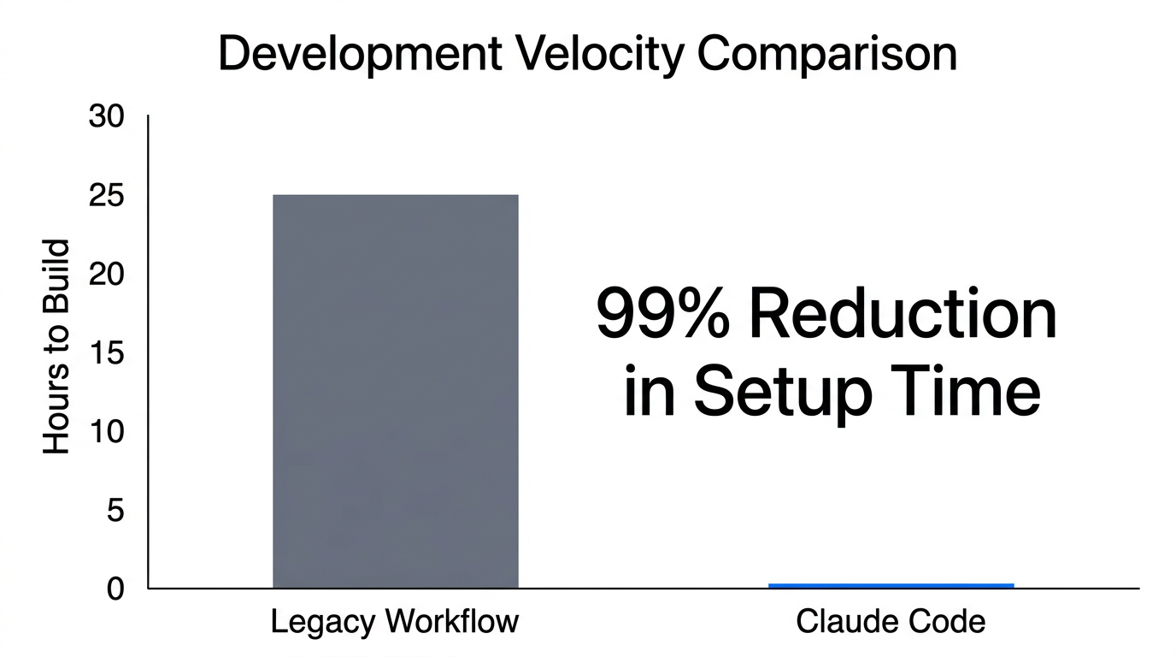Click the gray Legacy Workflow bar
(x=395, y=391)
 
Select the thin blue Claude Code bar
(x=891, y=585)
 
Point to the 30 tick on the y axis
(x=107, y=117)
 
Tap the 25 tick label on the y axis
(x=107, y=196)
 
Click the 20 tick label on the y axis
(x=107, y=275)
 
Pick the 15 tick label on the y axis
(x=107, y=353)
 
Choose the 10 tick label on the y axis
(x=107, y=432)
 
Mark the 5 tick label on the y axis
(x=115, y=511)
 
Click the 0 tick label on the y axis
(x=115, y=589)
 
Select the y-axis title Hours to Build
(x=56, y=346)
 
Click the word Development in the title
(x=360, y=54)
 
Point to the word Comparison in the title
(x=826, y=54)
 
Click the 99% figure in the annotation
(x=663, y=314)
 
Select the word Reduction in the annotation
(x=903, y=314)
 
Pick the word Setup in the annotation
(x=781, y=392)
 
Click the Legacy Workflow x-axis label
(x=395, y=622)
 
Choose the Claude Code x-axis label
(x=891, y=622)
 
